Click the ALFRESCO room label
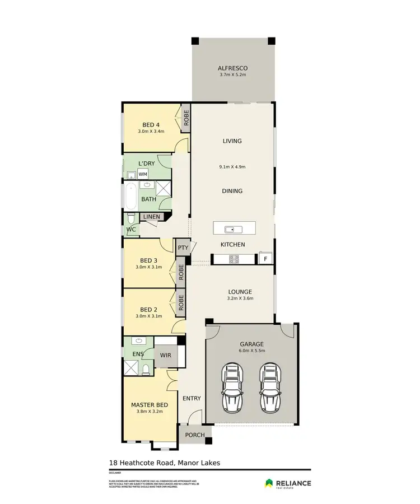tap(232, 69)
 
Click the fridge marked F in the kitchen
tap(265, 259)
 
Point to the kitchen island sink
tap(230, 228)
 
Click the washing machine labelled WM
tap(143, 174)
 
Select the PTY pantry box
tap(183, 248)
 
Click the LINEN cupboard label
tap(151, 217)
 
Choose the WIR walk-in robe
tap(166, 354)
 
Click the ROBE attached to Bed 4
tap(186, 119)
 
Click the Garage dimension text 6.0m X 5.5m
tap(251, 351)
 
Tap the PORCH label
tap(195, 435)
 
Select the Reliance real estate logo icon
tap(269, 483)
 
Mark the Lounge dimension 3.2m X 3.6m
tap(240, 298)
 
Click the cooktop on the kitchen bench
tap(234, 259)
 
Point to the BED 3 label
tap(148, 260)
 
